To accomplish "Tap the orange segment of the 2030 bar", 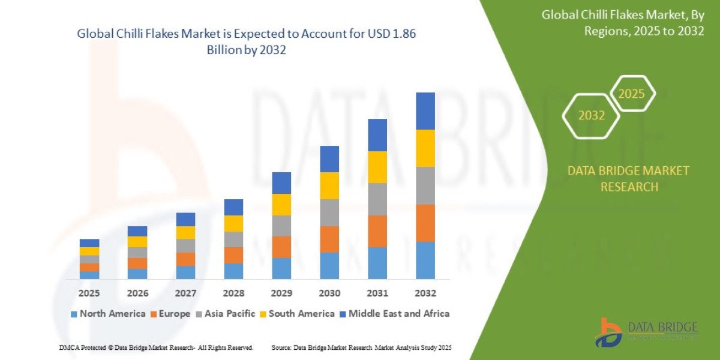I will click(329, 239).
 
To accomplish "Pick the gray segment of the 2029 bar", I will click(281, 226).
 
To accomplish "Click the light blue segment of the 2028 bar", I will click(233, 271).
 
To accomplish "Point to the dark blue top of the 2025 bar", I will click(89, 243).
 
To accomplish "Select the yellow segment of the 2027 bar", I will click(185, 232).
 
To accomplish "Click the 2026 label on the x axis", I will click(137, 293).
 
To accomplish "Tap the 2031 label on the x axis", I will click(377, 293).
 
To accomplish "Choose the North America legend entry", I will click(108, 313).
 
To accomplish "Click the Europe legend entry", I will click(171, 313).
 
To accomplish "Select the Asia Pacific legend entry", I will click(226, 313).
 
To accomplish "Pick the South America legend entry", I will click(297, 313).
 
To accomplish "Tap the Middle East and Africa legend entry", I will click(394, 313).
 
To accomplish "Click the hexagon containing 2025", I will click(632, 94).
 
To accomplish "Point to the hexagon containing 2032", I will click(591, 116).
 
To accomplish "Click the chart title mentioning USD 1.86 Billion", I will click(247, 42).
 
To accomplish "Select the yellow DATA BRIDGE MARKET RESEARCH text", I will click(628, 179).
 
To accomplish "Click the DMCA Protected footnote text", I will click(156, 347).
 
